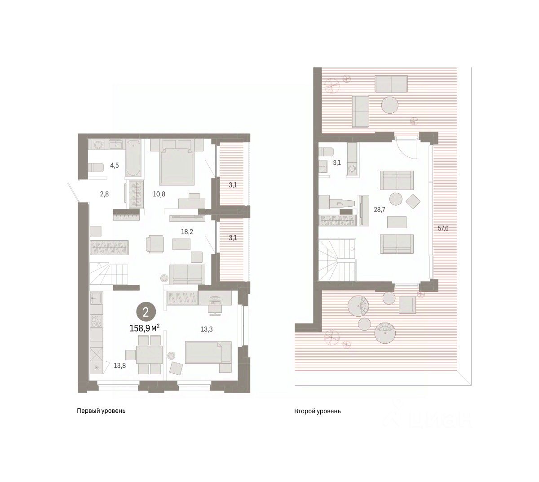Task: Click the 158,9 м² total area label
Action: pyautogui.click(x=145, y=328)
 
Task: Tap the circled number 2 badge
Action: pyautogui.click(x=146, y=312)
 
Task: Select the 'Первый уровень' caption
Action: pyautogui.click(x=101, y=411)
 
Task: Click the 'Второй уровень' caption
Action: pyautogui.click(x=318, y=411)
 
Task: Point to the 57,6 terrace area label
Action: pyautogui.click(x=443, y=228)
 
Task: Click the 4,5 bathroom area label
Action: pyautogui.click(x=115, y=165)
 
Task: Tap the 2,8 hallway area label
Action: pyautogui.click(x=104, y=194)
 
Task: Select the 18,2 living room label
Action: pyautogui.click(x=187, y=232)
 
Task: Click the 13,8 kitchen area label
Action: pyautogui.click(x=120, y=365)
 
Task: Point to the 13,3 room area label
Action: pyautogui.click(x=207, y=329)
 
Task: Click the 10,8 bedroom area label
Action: pyautogui.click(x=159, y=194)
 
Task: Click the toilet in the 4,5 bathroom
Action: pyautogui.click(x=96, y=168)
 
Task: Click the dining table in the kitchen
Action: pyautogui.click(x=150, y=355)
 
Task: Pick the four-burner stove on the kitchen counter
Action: pyautogui.click(x=96, y=321)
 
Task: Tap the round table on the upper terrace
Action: pyautogui.click(x=390, y=105)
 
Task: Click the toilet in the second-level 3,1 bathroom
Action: pyautogui.click(x=326, y=152)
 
